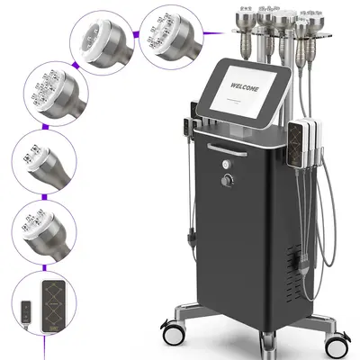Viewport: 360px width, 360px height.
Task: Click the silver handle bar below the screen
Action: (231, 142)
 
